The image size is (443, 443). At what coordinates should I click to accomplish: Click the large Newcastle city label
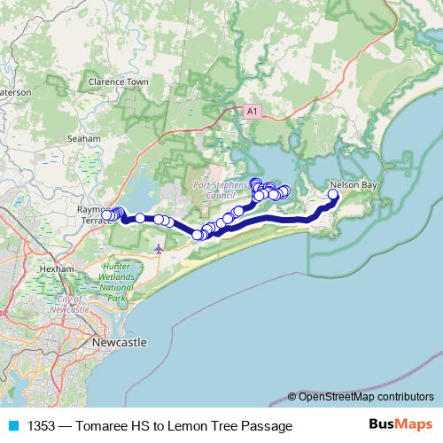pyautogui.click(x=120, y=342)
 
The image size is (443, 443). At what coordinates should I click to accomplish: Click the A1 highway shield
pyautogui.click(x=253, y=110)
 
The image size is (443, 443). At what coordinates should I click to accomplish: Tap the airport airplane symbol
pyautogui.click(x=159, y=249)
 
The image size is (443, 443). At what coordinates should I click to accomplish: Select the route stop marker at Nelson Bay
pyautogui.click(x=334, y=195)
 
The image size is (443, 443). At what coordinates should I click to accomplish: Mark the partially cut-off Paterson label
pyautogui.click(x=15, y=91)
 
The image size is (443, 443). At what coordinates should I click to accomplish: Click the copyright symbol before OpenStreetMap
pyautogui.click(x=292, y=397)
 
